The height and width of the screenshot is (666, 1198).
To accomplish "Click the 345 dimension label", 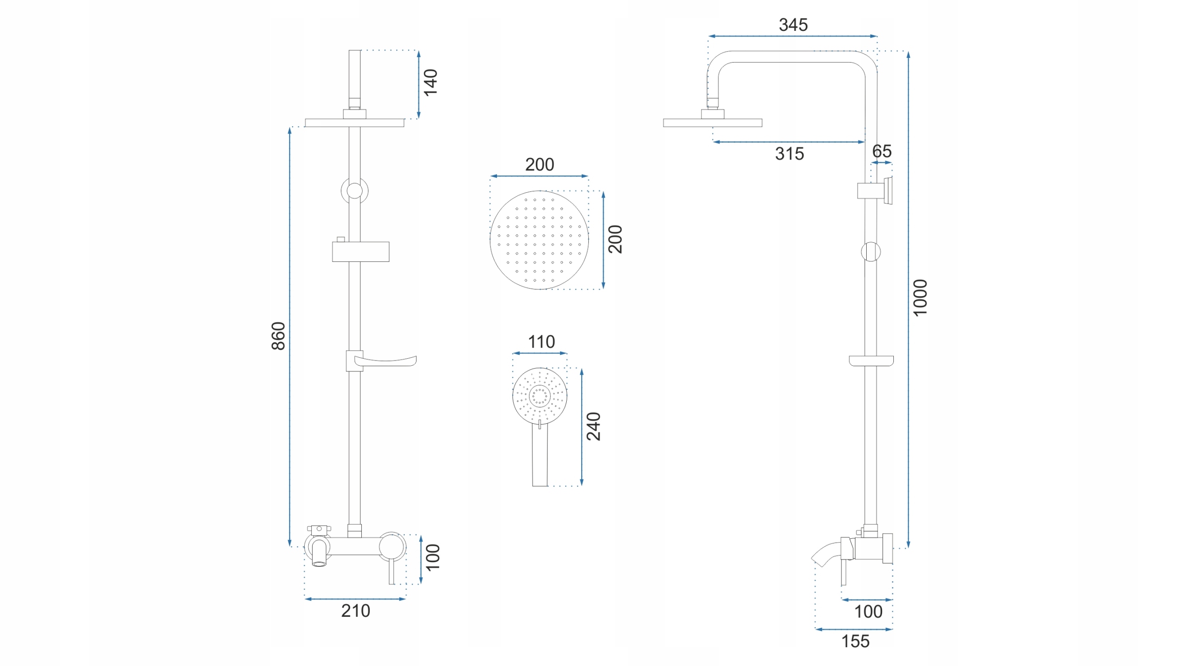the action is coord(793,25).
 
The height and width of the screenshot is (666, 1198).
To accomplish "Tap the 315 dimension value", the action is coord(789,154).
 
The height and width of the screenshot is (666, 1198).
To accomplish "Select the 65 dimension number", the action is coord(882,151).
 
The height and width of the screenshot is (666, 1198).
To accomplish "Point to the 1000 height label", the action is coord(920,298).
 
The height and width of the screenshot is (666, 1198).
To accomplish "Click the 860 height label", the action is coord(278,336).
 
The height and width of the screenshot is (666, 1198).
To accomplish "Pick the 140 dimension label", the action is coord(431,83).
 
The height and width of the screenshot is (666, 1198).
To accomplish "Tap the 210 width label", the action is coord(356,611).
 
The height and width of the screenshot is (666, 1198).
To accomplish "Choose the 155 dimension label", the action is coord(855,641).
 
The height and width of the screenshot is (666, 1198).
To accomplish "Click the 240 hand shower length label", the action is coord(593,427).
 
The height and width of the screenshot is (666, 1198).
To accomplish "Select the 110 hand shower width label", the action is coord(541,342).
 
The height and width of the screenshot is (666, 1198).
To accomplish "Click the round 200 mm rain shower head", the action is coord(539,240).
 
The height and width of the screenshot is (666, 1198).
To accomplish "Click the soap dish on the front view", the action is coord(381,361).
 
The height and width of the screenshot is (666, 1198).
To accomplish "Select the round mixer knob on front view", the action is coord(392,546).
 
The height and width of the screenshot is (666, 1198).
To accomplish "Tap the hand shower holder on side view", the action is coord(875,190).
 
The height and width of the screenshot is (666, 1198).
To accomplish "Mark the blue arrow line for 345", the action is coord(792,36).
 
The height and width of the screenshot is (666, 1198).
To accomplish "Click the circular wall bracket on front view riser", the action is coord(354,191).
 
